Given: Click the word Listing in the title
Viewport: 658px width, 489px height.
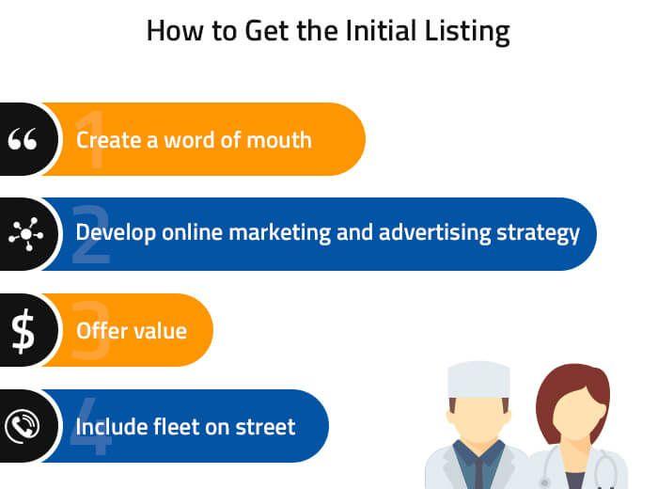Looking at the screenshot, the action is tap(467, 31).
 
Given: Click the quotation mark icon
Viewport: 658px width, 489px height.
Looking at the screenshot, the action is tap(23, 139).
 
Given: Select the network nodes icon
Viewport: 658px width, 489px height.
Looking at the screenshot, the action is tap(25, 234).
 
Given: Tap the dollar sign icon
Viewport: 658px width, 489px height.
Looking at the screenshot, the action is tap(23, 331).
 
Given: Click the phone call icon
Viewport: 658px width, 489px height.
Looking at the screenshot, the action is tap(23, 426).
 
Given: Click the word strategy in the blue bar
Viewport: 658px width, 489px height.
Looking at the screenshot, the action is tap(538, 233).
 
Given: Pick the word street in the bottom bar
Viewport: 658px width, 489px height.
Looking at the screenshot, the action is tap(265, 427).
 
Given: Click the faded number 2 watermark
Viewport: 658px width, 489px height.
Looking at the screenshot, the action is tap(90, 234).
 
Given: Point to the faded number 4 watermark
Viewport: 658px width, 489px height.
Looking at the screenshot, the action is tap(90, 426).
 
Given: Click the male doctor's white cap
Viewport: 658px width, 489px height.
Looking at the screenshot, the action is tap(478, 380).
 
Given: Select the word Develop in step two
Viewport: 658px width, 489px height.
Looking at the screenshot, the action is tap(116, 233).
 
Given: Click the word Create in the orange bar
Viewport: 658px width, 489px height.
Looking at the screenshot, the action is tap(109, 140).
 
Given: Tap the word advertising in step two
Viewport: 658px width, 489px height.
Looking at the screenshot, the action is tap(434, 233).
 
